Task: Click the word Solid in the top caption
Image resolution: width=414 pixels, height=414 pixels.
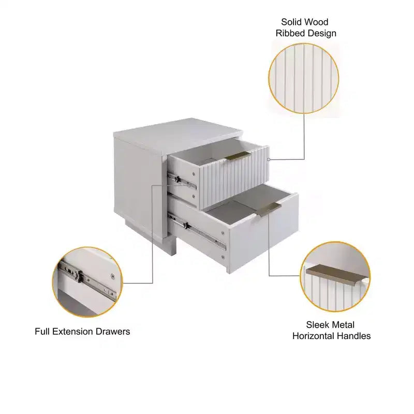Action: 292,22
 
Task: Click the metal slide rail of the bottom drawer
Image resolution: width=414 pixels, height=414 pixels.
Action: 198,232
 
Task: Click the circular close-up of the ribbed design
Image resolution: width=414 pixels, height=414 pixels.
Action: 304,79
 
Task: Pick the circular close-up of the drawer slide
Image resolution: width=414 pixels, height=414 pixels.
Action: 87,282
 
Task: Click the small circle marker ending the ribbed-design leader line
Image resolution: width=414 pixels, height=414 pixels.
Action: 269,159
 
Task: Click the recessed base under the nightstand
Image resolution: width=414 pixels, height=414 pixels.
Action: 151,238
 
